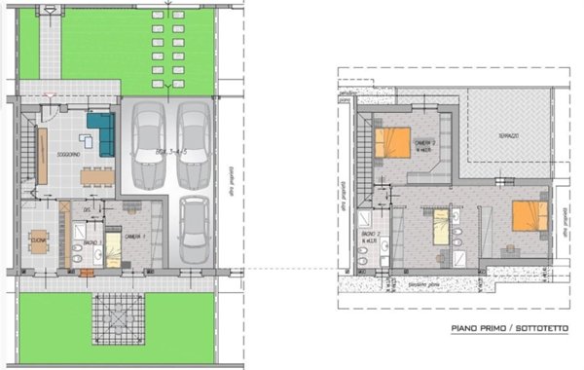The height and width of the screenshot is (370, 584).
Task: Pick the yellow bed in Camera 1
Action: pos(112,247)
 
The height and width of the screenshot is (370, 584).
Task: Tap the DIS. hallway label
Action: pos(87,208)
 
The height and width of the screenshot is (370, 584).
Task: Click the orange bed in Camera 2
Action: pos(393,143)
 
